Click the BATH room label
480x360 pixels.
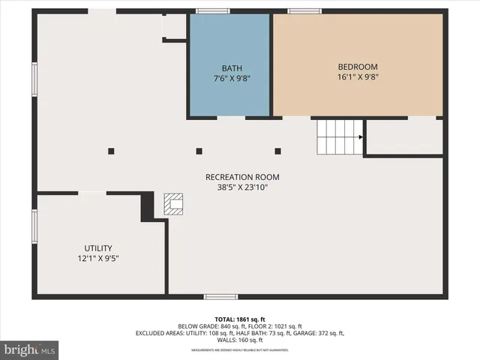pyautogui.click(x=232, y=68)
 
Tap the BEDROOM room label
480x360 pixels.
pyautogui.click(x=357, y=67)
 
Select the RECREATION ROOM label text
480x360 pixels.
pyautogui.click(x=242, y=177)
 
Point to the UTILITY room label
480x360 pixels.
pyautogui.click(x=97, y=248)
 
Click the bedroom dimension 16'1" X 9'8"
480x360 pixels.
pyautogui.click(x=357, y=76)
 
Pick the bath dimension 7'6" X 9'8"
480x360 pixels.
pyautogui.click(x=232, y=78)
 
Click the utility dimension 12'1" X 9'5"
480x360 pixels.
pyautogui.click(x=97, y=259)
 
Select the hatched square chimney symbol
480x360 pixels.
pyautogui.click(x=174, y=205)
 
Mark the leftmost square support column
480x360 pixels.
pyautogui.click(x=111, y=151)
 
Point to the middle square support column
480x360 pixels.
pyautogui.click(x=199, y=151)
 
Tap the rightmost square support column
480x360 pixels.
pyautogui.click(x=277, y=151)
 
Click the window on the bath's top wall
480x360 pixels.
pyautogui.click(x=213, y=10)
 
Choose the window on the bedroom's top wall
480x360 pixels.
pyautogui.click(x=304, y=10)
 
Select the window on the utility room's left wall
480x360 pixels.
pyautogui.click(x=34, y=224)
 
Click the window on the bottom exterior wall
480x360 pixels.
pyautogui.click(x=220, y=297)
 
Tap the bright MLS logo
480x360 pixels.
pyautogui.click(x=30, y=349)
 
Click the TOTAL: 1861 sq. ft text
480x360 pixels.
pyautogui.click(x=240, y=319)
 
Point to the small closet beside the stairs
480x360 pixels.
pyautogui.click(x=404, y=137)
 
